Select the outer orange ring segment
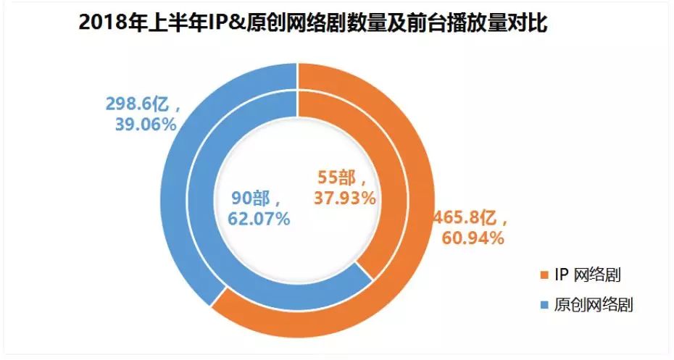point(406,145)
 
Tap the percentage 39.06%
point(145,125)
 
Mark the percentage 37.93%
point(344,196)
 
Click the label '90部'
point(257,198)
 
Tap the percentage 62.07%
point(257,217)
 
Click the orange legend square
point(542,275)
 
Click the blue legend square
point(542,305)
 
